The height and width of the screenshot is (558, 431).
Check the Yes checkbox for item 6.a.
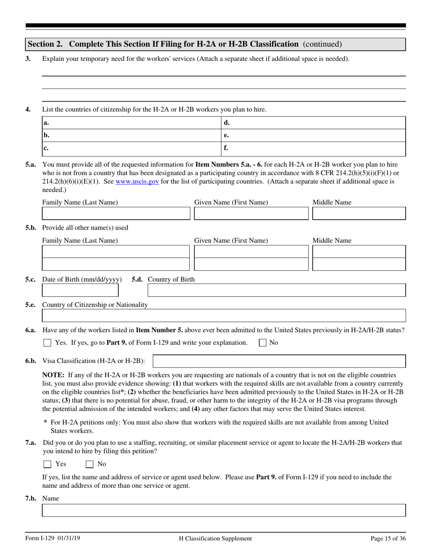47,343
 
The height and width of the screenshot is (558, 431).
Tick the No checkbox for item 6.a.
263,343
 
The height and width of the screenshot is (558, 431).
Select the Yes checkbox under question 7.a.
47,464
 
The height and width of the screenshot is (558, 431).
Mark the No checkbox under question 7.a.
90,464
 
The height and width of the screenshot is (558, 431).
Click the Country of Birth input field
277,290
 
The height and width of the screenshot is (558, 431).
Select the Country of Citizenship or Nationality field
224,316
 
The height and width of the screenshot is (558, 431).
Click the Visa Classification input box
279,361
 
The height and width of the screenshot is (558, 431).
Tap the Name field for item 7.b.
224,510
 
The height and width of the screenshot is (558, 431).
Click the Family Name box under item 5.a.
116,214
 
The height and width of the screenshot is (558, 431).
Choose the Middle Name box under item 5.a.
359,214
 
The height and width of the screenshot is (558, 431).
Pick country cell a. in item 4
131,123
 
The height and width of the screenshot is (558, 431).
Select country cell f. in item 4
313,148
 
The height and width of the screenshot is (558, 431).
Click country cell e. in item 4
313,136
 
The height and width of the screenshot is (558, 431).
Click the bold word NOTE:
54,375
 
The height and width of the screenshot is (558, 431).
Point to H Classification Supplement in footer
215,538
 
